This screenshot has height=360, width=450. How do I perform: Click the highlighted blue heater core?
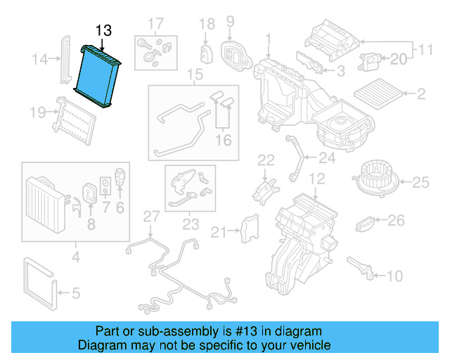(x=99, y=77)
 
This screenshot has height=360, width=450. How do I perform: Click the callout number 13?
(x=103, y=31)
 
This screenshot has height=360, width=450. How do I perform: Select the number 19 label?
(x=38, y=112)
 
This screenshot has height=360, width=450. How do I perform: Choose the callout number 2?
(x=421, y=94)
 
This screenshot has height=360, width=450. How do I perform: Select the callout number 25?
(x=420, y=183)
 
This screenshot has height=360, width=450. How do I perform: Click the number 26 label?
(x=397, y=221)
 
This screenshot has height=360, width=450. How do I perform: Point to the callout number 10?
(x=395, y=275)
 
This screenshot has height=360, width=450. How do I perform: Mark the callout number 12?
(x=318, y=179)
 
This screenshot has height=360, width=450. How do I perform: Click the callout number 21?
(x=219, y=232)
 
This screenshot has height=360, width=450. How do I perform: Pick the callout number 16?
(x=223, y=141)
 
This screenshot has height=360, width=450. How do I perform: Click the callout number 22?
(x=265, y=160)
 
